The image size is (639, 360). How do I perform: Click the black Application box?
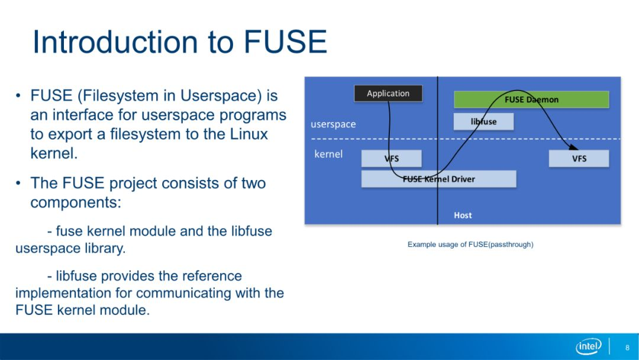[x=388, y=94]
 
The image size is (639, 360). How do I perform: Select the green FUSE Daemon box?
[x=531, y=99]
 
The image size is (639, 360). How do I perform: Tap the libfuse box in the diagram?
[x=483, y=121]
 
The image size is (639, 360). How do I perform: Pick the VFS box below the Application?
[x=391, y=159]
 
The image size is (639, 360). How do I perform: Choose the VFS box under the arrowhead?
[x=579, y=159]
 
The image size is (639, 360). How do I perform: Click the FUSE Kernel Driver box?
[x=438, y=179]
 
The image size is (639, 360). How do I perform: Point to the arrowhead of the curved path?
[x=574, y=147]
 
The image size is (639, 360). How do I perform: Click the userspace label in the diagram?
[x=333, y=124]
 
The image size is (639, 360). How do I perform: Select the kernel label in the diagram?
[x=328, y=154]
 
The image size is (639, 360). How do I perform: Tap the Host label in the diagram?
[x=463, y=216]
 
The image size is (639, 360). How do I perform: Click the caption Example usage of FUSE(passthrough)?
[x=470, y=245]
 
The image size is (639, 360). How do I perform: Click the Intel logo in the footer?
[x=589, y=346]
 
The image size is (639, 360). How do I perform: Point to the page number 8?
[x=628, y=348]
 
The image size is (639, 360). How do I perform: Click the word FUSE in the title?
[x=285, y=41]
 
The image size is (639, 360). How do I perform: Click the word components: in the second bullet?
[x=76, y=202]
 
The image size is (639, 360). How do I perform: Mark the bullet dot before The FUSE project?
[x=18, y=183]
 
